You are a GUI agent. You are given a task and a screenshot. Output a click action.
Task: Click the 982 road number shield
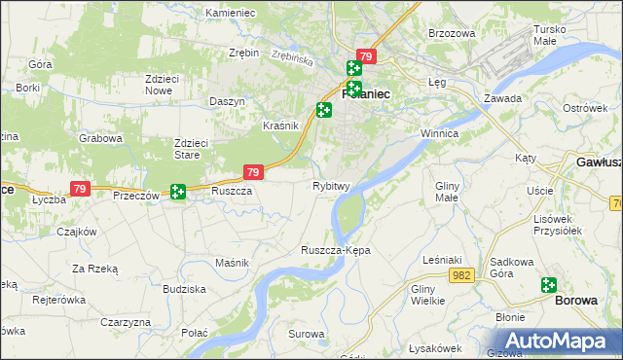coord(462,276)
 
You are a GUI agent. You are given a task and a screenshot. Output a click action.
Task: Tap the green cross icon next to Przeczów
coord(177,193)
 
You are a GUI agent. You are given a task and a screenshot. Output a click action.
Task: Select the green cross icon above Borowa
coord(549,285)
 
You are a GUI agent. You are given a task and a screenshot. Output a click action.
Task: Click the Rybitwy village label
coord(331,186)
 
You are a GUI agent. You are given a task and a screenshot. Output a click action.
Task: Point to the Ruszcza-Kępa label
coord(336,250)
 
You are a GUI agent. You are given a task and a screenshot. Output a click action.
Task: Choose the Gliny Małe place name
coord(447,192)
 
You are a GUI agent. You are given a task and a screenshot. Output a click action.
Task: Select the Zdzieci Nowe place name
coord(165,85)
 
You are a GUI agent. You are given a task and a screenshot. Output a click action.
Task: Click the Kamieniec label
coord(231,13)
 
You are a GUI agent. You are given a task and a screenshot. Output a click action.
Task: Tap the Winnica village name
coord(439,132)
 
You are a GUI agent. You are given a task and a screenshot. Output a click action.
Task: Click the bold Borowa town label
coord(576,301)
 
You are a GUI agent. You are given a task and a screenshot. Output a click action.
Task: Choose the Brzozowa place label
coord(452,33)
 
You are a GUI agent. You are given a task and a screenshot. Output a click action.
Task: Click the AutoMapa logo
coord(557,341)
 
